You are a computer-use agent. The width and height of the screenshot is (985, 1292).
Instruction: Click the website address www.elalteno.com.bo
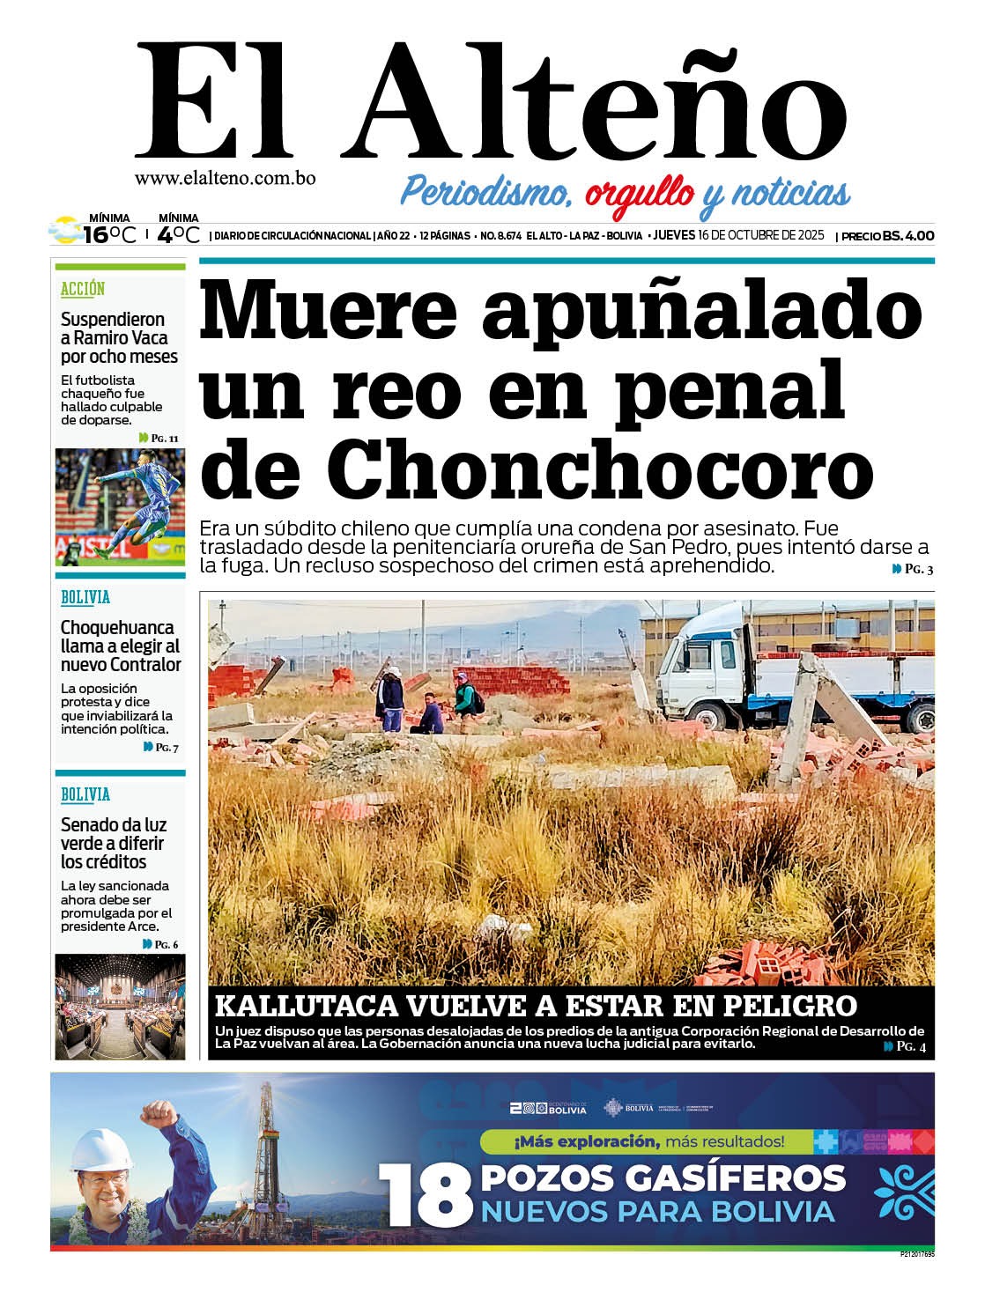pos(225,178)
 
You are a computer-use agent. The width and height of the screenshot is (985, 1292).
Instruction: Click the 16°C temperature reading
pos(109,235)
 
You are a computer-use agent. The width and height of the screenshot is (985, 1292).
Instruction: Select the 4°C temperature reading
pos(179,235)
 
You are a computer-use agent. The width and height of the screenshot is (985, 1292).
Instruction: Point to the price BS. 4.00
pos(908,236)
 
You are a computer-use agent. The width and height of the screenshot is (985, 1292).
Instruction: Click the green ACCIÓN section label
pos(83,289)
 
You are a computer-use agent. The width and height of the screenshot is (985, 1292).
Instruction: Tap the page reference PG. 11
pos(159,438)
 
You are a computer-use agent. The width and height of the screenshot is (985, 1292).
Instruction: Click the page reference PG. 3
pos(914,570)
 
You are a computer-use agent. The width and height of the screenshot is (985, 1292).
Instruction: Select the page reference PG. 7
pos(161,747)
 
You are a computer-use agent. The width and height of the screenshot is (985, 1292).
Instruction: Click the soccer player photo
pos(120,507)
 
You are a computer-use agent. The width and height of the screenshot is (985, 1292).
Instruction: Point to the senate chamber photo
pos(120,1006)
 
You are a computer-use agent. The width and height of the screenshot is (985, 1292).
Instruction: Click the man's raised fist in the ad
pos(159,1116)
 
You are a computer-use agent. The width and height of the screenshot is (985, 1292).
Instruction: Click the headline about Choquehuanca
pos(121,646)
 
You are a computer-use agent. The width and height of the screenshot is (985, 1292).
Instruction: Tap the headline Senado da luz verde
pos(114,844)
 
